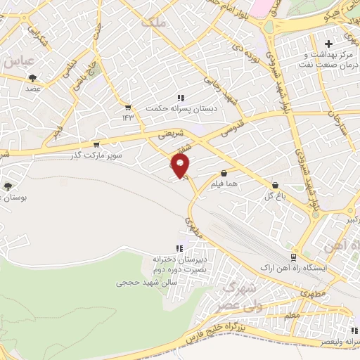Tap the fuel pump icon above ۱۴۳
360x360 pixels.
pyautogui.click(x=128, y=107)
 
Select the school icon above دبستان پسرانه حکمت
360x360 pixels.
pyautogui.click(x=181, y=98)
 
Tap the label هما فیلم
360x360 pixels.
pyautogui.click(x=223, y=184)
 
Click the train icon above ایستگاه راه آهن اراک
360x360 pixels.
pyautogui.click(x=295, y=258)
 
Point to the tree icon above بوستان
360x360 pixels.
pyautogui.click(x=8, y=187)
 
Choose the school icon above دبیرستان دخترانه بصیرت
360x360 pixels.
pyautogui.click(x=181, y=247)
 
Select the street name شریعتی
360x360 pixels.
pyautogui.click(x=173, y=131)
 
